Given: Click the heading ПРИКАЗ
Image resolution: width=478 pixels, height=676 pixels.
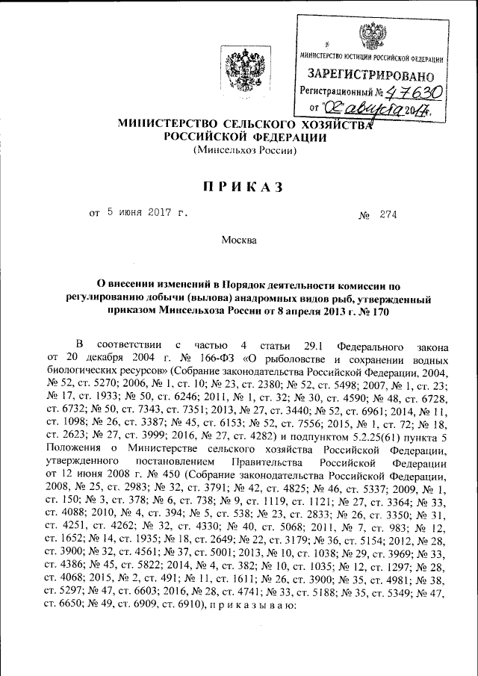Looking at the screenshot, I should click(238, 187).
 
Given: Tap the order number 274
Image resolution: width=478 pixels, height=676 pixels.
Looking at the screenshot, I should click(388, 215).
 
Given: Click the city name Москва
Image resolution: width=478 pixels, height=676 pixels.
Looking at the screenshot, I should click(238, 241).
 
